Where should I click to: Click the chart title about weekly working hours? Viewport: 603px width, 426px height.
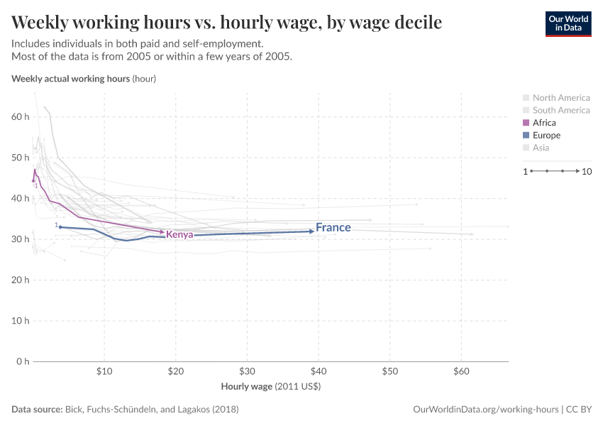(x=226, y=23)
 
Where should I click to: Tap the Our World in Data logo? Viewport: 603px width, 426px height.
(x=568, y=23)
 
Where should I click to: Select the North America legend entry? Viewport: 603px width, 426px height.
(x=560, y=98)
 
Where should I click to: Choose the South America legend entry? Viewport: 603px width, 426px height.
(x=560, y=110)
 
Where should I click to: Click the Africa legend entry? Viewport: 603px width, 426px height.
(x=544, y=123)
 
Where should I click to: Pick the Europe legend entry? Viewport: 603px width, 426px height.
(x=546, y=135)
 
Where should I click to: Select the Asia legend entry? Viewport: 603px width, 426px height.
(x=541, y=148)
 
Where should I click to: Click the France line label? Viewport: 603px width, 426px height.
(x=333, y=228)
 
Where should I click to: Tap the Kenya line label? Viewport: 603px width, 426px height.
(x=179, y=235)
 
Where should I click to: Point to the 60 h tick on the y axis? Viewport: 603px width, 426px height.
(x=19, y=116)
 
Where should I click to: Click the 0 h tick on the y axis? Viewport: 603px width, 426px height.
(x=21, y=361)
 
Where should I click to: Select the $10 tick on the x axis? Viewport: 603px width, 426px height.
(x=104, y=371)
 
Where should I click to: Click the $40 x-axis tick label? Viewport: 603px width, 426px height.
(x=319, y=371)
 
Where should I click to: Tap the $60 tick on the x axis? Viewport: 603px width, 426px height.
(x=461, y=371)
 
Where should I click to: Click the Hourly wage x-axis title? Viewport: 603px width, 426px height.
(x=271, y=387)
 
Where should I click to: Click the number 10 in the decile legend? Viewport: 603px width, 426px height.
(x=587, y=171)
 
